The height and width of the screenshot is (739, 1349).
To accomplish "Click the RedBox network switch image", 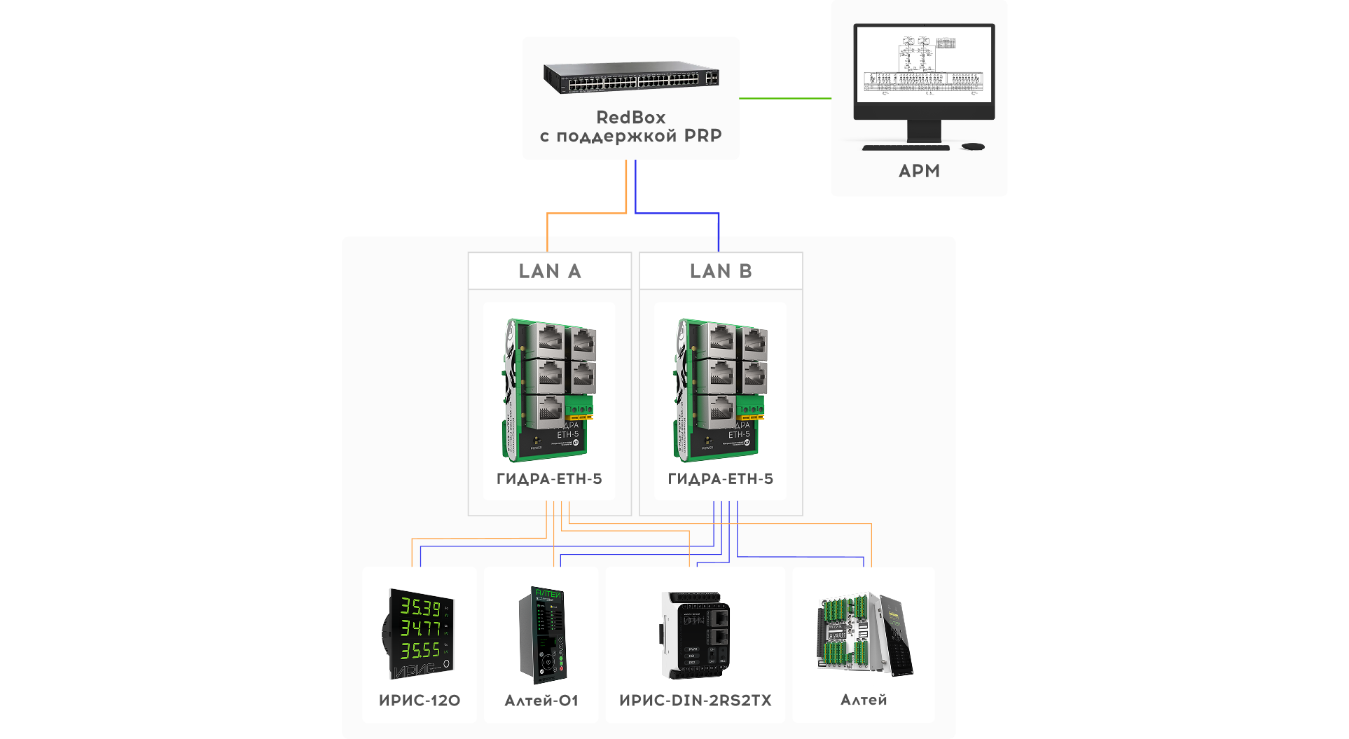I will pos(631,78).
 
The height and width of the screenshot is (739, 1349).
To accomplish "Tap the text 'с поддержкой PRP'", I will pos(630,136).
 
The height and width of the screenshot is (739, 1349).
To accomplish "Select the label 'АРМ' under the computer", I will pos(919,171).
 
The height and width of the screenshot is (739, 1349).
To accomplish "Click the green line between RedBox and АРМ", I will pos(784,98).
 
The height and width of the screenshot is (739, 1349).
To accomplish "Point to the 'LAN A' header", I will pos(550,271).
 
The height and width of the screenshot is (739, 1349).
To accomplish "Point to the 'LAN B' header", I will pos(721,271).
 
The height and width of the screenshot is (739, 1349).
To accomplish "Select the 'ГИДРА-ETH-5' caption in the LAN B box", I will pos(721,479).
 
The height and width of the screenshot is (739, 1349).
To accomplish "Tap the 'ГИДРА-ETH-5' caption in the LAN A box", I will pos(549,479).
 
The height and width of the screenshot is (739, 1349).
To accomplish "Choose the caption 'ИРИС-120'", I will pos(420,700).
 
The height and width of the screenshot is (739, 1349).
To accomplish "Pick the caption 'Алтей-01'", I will pos(541,700).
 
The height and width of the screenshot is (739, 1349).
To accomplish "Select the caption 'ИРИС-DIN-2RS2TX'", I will pos(696,700).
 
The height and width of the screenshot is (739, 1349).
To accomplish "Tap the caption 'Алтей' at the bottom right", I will pos(864,700).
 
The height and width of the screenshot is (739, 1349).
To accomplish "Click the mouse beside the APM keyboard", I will pos(973,146).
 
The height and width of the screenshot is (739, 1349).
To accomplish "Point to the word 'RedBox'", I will pos(630,117).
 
